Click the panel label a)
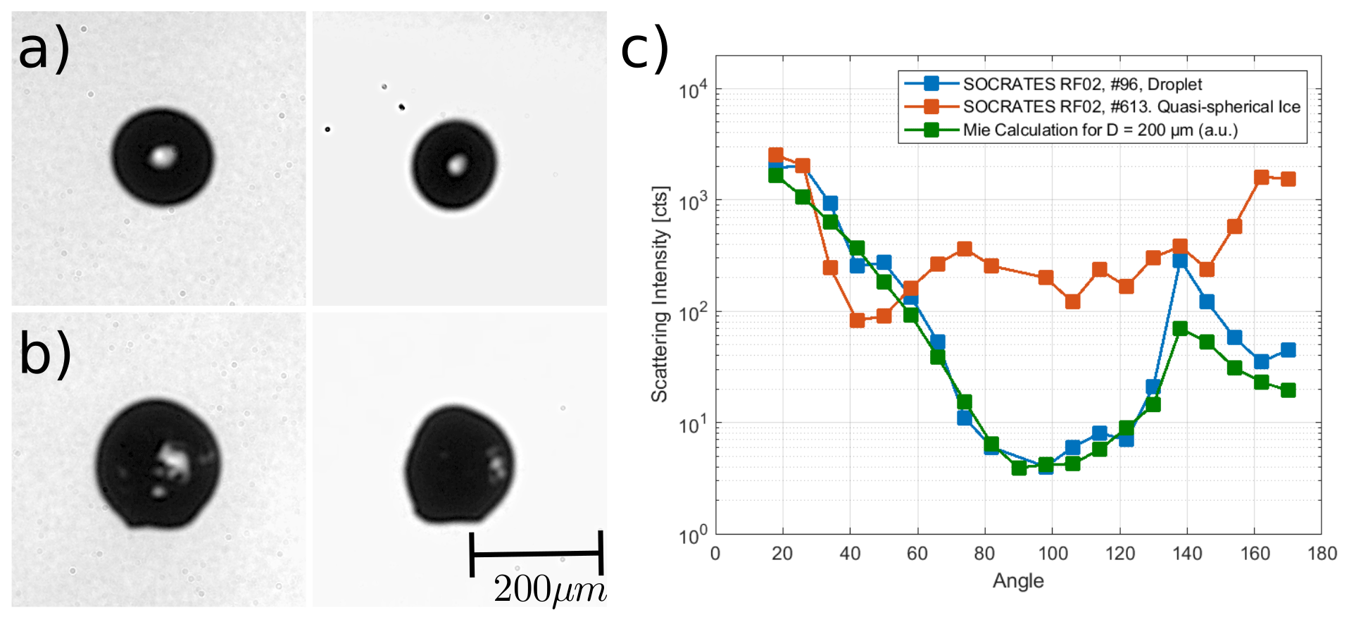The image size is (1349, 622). pyautogui.click(x=44, y=49)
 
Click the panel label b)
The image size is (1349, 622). pyautogui.click(x=44, y=354)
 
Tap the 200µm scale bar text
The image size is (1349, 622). pyautogui.click(x=549, y=590)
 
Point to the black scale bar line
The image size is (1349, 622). pyautogui.click(x=536, y=554)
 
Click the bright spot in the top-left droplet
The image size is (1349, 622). pyautogui.click(x=162, y=156)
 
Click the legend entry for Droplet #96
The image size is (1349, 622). pyautogui.click(x=1081, y=85)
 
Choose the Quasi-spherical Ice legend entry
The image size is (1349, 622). pyautogui.click(x=1131, y=107)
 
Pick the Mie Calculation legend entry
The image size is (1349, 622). pyautogui.click(x=1100, y=130)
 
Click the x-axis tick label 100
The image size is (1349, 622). pyautogui.click(x=1053, y=554)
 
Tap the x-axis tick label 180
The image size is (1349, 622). pyautogui.click(x=1322, y=554)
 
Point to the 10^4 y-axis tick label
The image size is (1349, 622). pyautogui.click(x=693, y=90)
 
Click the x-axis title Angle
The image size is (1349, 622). pyautogui.click(x=1018, y=581)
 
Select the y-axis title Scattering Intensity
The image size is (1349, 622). pyautogui.click(x=660, y=294)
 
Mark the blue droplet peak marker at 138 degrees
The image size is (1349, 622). pyautogui.click(x=1180, y=261)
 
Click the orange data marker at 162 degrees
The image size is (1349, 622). pyautogui.click(x=1261, y=178)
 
